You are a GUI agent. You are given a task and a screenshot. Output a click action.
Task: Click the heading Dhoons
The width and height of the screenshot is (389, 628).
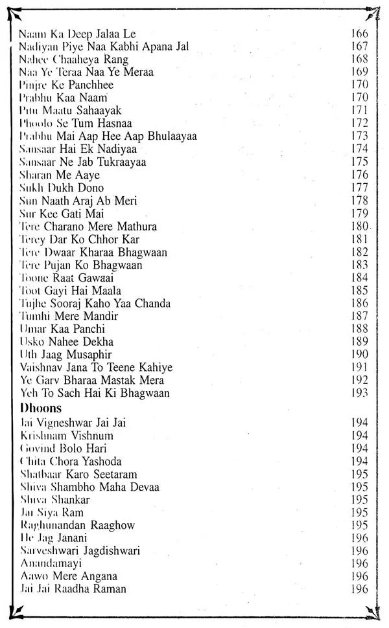tap(40, 408)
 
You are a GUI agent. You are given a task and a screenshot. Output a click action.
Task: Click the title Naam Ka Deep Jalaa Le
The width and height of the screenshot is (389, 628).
tap(77, 34)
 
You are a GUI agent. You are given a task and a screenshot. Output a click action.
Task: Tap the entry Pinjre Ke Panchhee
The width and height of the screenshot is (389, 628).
tap(66, 85)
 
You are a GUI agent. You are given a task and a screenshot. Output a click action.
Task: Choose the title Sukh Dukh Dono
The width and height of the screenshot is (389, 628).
tap(62, 188)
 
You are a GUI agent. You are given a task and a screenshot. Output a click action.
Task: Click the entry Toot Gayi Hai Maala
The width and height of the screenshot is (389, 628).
tap(70, 291)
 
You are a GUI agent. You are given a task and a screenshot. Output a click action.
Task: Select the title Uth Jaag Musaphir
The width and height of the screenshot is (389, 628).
tap(65, 355)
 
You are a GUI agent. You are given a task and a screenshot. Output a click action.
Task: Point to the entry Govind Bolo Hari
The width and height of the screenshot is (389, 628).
tap(63, 448)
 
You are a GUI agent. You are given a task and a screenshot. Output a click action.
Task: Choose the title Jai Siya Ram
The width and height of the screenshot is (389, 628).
tap(51, 512)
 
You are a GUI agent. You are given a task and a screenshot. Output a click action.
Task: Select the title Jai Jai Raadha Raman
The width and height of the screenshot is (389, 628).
tap(73, 589)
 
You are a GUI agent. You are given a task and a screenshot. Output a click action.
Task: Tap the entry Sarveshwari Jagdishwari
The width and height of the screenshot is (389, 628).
tap(80, 551)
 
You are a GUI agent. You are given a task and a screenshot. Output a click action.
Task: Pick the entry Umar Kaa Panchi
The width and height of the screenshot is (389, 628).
tap(62, 329)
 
